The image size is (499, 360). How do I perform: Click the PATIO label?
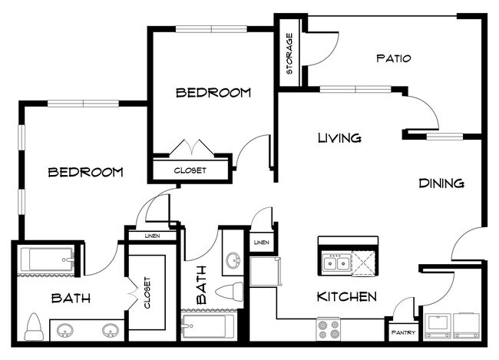394,58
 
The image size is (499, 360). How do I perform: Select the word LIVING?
339,138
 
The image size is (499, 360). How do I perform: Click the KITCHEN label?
346,296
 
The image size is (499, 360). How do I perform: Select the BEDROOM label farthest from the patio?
85,172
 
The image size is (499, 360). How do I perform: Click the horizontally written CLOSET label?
190,170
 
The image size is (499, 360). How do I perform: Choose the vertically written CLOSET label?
147,292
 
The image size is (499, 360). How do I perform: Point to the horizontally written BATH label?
68,297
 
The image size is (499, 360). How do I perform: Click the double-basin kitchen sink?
335,264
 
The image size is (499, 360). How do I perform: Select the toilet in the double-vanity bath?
35,326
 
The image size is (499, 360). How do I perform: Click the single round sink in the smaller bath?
233,259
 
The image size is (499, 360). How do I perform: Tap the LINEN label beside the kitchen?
261,243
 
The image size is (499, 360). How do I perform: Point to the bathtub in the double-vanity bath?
47,262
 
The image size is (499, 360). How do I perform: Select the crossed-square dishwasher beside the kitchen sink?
366,263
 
